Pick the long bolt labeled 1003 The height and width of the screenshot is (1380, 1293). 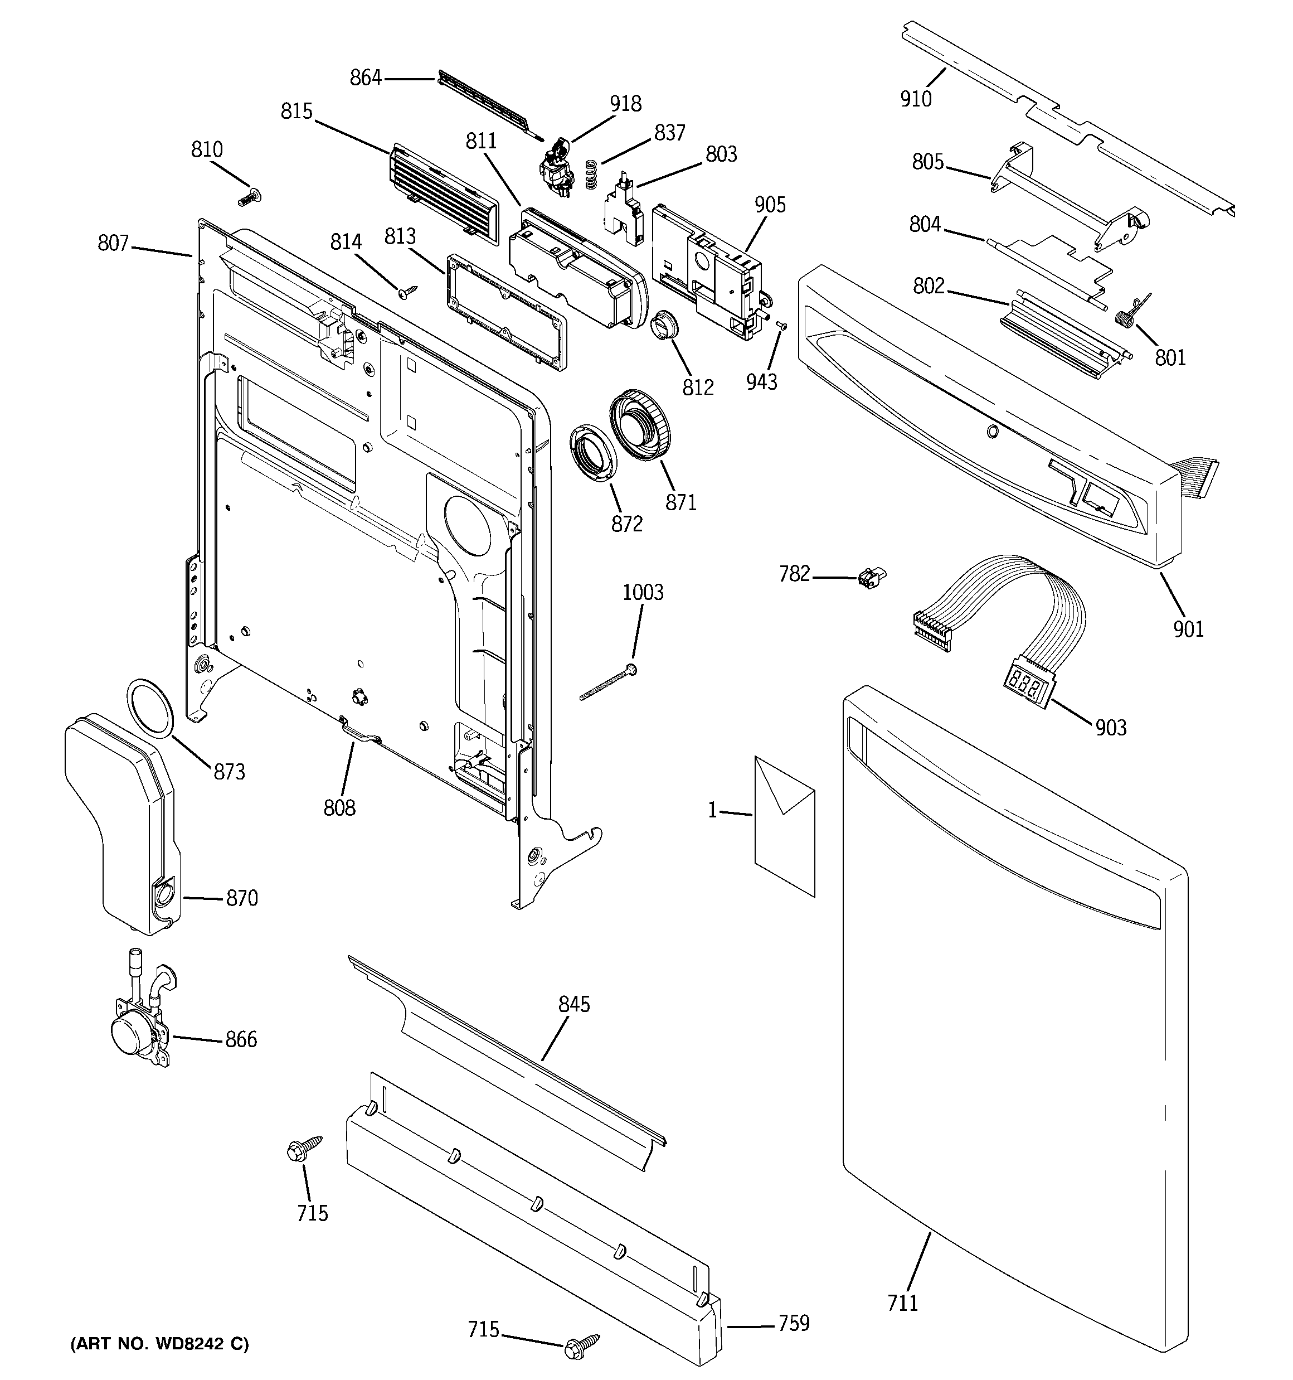pos(609,683)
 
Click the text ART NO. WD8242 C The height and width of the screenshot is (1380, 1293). pos(159,1344)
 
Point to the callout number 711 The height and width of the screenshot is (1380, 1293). pos(902,1304)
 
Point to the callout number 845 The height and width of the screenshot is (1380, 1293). pos(574,1004)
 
